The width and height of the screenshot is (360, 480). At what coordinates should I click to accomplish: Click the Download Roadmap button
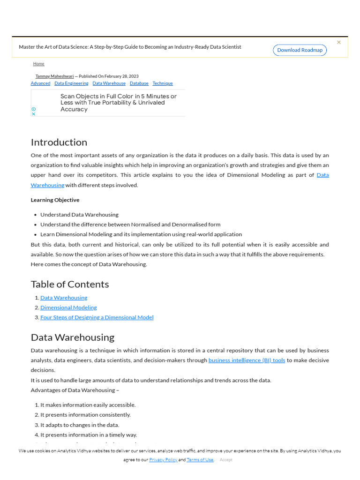click(300, 50)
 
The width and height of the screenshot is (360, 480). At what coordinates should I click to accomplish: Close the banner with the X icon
click(339, 42)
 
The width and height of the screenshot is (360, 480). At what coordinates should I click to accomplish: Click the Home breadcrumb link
click(39, 64)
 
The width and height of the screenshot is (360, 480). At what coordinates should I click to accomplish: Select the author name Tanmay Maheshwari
click(54, 76)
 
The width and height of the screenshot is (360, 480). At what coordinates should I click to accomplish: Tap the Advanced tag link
click(40, 83)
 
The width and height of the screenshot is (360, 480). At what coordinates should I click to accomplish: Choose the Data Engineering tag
click(71, 83)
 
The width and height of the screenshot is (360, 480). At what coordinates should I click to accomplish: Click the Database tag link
click(139, 83)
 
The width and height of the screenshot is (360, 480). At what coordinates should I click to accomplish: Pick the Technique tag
click(162, 83)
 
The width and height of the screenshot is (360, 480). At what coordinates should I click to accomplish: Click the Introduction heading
click(59, 142)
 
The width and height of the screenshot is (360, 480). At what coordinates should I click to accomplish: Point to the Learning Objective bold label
click(55, 200)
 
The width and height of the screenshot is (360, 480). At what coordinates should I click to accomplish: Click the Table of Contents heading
click(70, 284)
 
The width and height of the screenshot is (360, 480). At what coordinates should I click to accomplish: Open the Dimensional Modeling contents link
click(68, 307)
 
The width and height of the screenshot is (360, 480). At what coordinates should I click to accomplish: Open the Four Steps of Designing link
click(97, 317)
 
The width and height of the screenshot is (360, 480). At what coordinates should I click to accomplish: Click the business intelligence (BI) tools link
click(247, 360)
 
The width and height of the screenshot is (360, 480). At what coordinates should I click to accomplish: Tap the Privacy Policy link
click(163, 460)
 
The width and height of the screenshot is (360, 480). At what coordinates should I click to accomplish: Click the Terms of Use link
click(200, 460)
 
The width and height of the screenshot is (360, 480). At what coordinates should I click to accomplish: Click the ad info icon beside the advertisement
click(33, 109)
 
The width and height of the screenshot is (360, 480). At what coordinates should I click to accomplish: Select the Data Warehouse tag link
click(109, 83)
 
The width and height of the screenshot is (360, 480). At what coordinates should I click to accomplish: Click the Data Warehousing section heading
click(73, 337)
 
